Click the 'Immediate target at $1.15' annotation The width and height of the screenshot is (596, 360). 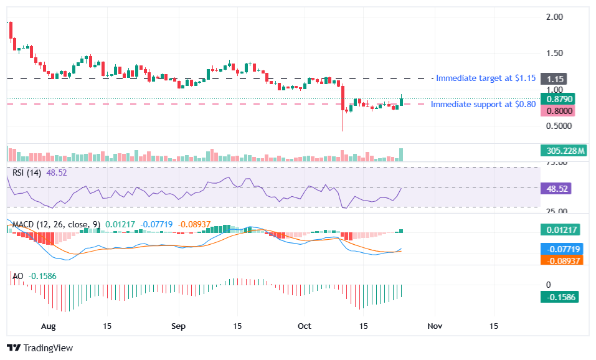pos(485,78)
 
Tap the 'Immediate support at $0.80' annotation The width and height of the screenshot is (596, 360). pos(483,104)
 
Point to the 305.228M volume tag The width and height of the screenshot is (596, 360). pos(563,151)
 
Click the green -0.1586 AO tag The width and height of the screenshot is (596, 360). pos(560,297)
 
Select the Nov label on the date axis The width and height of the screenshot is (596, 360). pos(435,326)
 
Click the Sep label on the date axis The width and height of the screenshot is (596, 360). pos(179,326)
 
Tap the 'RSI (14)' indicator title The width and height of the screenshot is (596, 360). pos(26,173)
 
